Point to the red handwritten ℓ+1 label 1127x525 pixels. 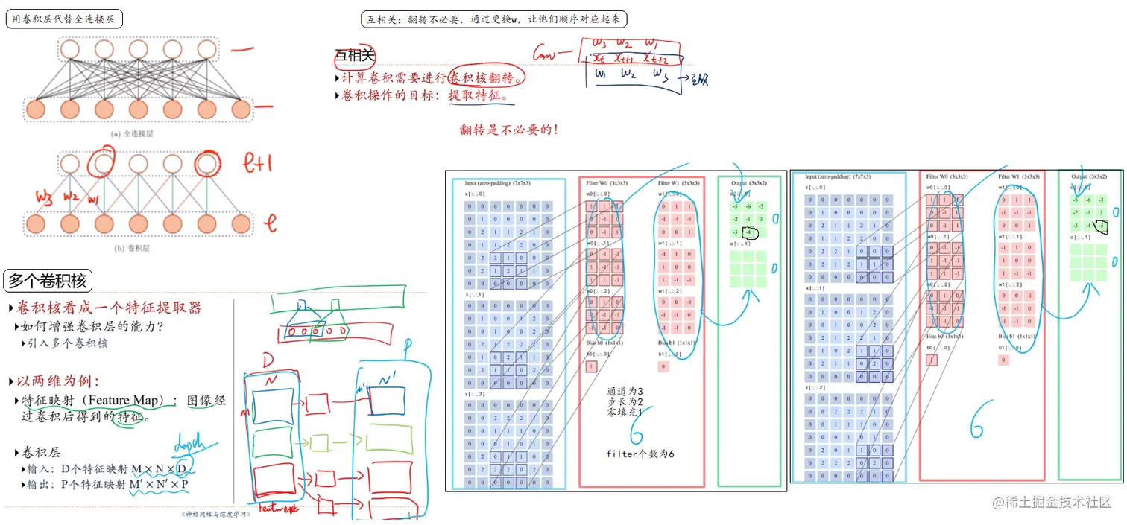click(260, 162)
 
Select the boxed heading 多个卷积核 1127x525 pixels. click(48, 281)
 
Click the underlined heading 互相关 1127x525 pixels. click(356, 56)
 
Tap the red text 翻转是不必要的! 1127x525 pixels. click(508, 130)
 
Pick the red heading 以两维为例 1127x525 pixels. click(57, 381)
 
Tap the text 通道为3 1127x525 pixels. click(625, 391)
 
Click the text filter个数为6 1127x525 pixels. click(640, 454)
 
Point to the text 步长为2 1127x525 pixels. click(625, 401)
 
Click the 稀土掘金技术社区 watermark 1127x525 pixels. click(1051, 503)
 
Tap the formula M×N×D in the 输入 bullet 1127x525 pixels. click(159, 468)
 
